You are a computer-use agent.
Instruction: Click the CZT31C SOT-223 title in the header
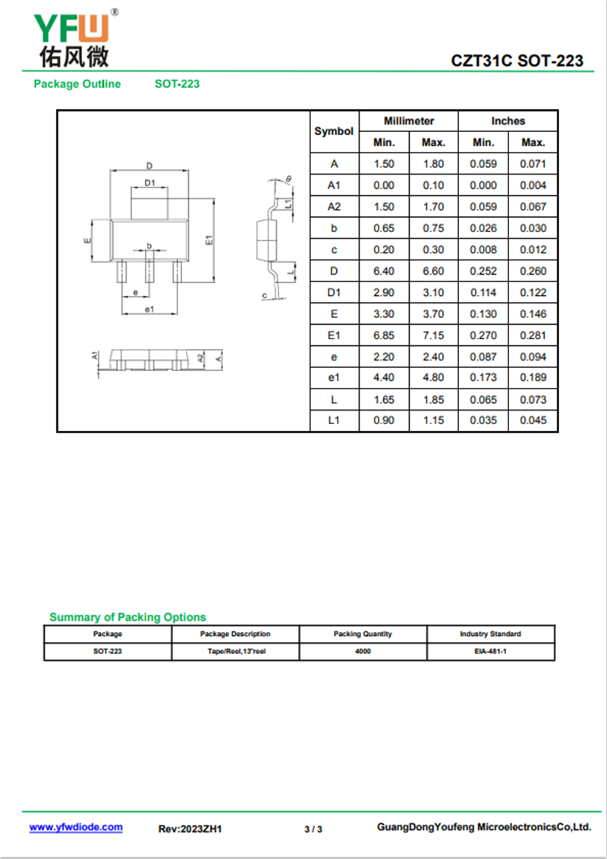(x=517, y=61)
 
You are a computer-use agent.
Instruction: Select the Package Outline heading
(x=77, y=84)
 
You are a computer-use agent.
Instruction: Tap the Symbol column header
(x=334, y=131)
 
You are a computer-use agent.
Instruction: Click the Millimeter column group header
(x=409, y=121)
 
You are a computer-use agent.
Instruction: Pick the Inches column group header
(x=508, y=121)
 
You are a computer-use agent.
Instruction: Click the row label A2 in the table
(x=334, y=206)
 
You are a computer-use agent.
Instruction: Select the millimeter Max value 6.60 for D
(x=433, y=271)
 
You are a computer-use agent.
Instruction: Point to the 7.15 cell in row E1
(x=433, y=335)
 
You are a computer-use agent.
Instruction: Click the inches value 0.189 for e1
(x=533, y=378)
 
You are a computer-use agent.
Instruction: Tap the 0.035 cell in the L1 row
(x=483, y=420)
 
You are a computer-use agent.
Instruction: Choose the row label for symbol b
(x=334, y=228)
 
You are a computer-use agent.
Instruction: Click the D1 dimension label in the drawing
(x=149, y=183)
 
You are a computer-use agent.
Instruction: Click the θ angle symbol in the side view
(x=288, y=179)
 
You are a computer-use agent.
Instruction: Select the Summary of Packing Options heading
(x=127, y=617)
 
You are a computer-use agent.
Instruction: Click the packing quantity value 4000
(x=363, y=651)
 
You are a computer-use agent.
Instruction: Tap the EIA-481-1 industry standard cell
(x=490, y=651)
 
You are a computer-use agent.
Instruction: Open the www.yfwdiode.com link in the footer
(x=76, y=827)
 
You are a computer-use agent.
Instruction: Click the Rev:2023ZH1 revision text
(x=190, y=829)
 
